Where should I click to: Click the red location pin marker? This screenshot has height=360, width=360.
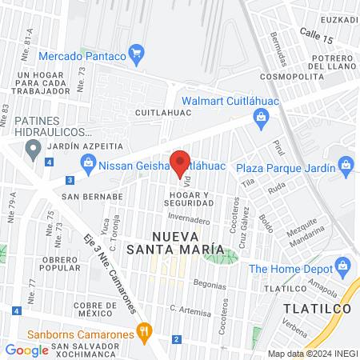pos(180,162)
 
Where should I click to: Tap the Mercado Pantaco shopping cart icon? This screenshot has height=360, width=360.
pos(137,54)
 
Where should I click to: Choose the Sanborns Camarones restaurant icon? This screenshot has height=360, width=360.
pos(144,330)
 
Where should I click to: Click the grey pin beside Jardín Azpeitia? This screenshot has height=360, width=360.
pos(33,147)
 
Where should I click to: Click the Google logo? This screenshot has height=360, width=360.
pos(26,350)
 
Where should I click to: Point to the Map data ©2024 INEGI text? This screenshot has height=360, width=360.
pos(311,354)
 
